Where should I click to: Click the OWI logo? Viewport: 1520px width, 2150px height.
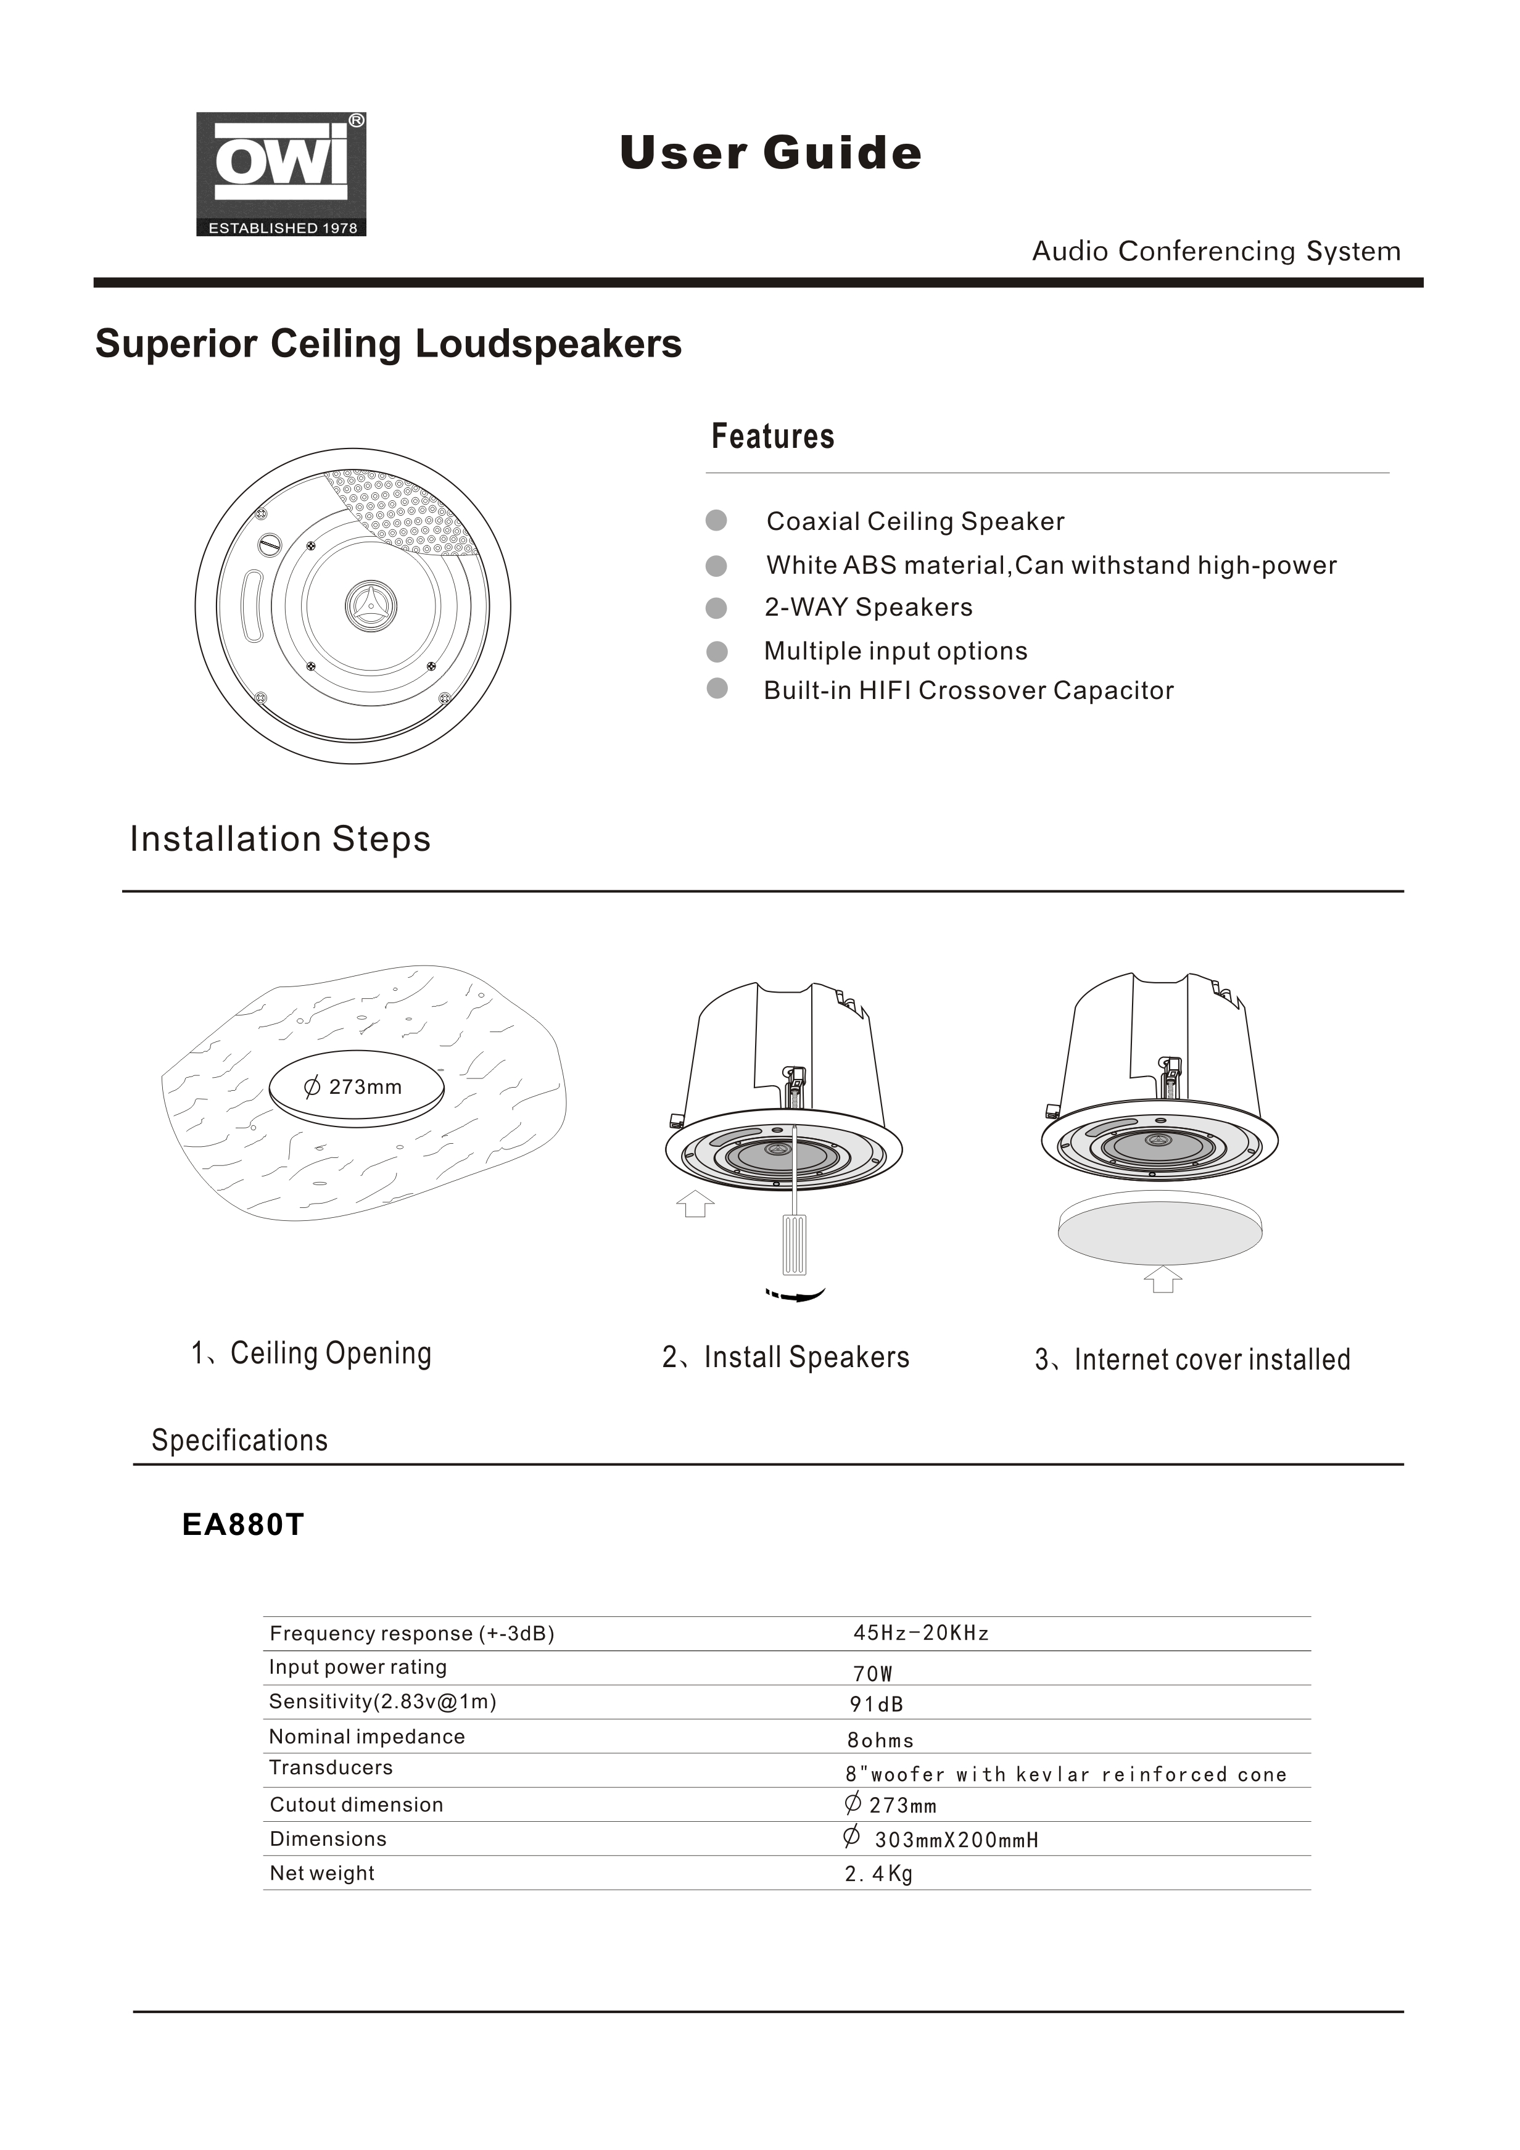281,174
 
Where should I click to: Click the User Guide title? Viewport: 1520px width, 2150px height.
770,152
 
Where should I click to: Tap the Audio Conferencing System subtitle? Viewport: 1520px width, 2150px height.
1216,251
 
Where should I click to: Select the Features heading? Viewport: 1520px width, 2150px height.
772,436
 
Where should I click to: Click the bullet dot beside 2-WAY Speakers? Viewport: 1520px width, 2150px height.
716,609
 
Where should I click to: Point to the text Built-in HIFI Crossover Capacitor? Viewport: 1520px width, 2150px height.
969,690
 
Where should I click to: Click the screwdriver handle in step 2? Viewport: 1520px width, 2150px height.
794,1244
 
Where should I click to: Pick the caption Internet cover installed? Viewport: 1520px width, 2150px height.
1212,1360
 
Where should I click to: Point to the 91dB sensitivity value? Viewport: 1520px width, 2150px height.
877,1704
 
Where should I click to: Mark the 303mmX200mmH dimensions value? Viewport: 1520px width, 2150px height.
956,1840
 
